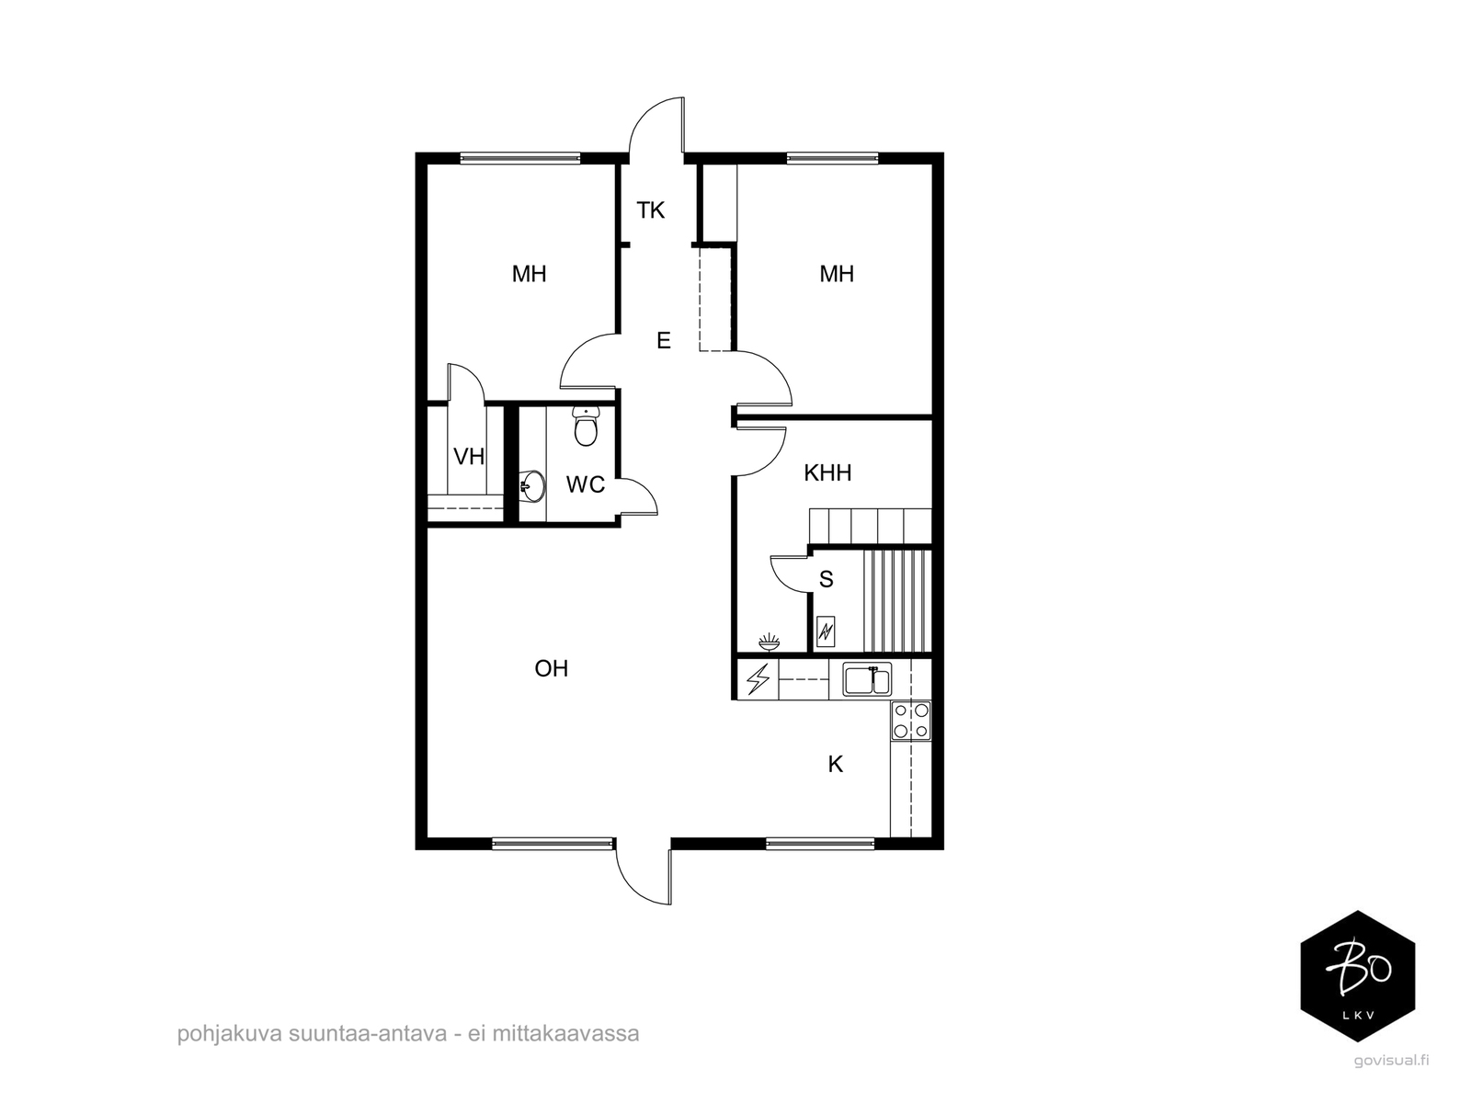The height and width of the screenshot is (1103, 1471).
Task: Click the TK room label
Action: pos(650,210)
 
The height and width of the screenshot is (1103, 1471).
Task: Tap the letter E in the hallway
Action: pos(664,341)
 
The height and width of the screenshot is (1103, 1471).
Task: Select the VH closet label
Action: pos(469,457)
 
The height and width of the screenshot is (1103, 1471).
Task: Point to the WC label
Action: pos(585,484)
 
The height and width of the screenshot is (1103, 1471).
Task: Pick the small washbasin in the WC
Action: pos(532,485)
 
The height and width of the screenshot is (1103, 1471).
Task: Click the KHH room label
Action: pos(827,472)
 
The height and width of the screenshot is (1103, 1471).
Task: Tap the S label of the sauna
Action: pos(827,579)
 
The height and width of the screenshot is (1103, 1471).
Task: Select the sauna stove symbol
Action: pos(826,631)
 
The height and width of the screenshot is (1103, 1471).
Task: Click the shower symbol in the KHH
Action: pos(769,642)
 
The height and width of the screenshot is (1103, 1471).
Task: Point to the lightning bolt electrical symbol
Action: pos(758,679)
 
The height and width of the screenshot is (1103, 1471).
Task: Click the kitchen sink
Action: pos(867,680)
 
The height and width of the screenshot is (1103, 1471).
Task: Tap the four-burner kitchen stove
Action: pos(911,721)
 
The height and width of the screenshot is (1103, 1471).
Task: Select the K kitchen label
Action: pos(835,764)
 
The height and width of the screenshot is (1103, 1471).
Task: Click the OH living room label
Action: pos(551,668)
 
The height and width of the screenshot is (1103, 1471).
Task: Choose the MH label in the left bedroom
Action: pos(529,274)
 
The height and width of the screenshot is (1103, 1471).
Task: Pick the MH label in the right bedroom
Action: pos(837,274)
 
